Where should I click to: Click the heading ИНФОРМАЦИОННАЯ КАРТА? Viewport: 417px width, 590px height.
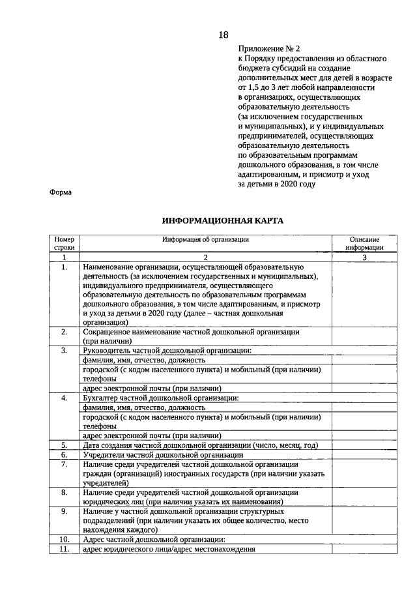(x=222, y=221)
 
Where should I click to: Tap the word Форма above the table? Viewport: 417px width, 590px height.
(x=61, y=192)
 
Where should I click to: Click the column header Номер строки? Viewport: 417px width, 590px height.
(x=65, y=243)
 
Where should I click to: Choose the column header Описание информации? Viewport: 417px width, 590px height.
(x=364, y=243)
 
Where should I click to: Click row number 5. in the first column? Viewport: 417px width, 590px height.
(x=65, y=445)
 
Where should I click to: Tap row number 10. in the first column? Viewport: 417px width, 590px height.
(x=65, y=539)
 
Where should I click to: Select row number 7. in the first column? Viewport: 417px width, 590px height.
(x=65, y=464)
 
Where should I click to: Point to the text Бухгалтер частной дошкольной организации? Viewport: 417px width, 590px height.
(x=160, y=398)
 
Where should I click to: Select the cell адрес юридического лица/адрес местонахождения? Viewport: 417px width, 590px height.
(x=169, y=549)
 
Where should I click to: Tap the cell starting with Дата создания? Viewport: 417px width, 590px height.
(x=200, y=445)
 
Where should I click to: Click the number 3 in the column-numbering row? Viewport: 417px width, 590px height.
(x=364, y=257)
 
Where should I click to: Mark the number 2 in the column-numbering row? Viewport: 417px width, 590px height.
(x=206, y=257)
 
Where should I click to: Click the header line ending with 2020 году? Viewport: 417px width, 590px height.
(x=277, y=184)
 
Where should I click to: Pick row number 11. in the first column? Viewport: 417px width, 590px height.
(x=65, y=549)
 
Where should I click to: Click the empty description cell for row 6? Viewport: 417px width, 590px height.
(x=364, y=454)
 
